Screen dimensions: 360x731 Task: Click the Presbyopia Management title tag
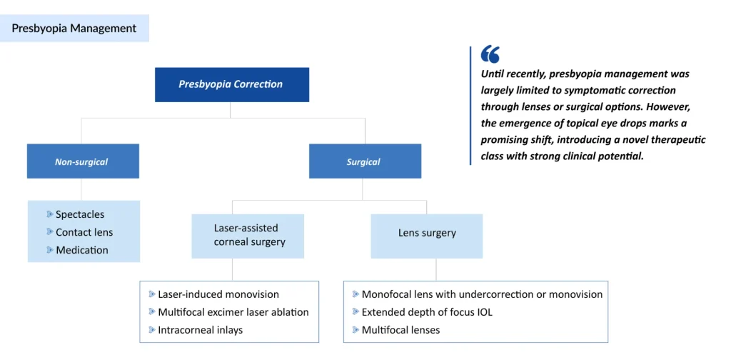74,29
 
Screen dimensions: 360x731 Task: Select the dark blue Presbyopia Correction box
231,84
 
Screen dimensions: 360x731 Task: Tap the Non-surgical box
82,161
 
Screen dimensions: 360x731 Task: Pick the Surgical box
364,161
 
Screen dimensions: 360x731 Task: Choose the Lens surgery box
427,233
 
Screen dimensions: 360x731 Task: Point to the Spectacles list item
80,214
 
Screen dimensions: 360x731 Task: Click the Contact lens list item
84,232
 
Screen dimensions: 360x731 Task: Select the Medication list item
82,250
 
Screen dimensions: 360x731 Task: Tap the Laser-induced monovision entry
218,294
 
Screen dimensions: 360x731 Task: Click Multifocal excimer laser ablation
233,312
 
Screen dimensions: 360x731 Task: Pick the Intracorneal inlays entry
201,330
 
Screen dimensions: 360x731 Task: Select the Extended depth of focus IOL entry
427,312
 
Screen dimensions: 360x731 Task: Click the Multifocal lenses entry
400,330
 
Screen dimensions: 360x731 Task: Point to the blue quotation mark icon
490,54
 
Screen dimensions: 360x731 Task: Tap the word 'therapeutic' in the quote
673,139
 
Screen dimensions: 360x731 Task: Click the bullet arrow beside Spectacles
50,214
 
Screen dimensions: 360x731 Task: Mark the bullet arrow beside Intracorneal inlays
152,330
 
